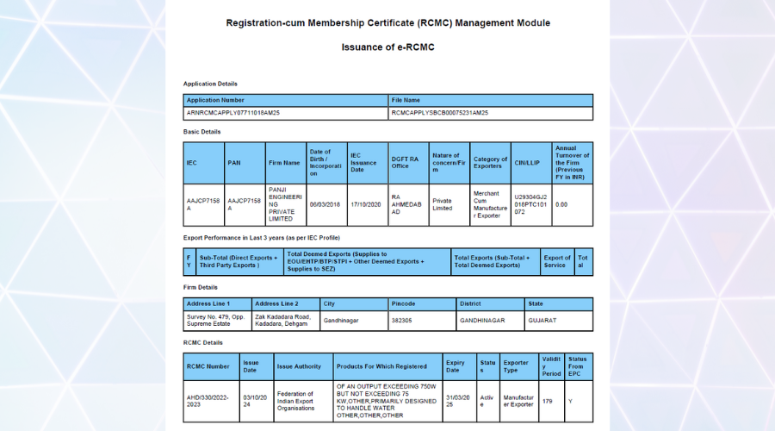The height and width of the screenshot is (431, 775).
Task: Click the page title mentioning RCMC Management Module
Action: point(387,22)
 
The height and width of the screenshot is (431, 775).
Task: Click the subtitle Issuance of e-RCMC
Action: point(387,47)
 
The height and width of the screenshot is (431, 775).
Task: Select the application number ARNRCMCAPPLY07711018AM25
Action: point(233,113)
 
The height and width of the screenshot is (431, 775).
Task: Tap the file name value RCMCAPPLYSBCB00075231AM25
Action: point(440,113)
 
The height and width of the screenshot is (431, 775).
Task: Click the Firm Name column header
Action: point(285,162)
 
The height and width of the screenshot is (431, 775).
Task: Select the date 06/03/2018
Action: point(325,204)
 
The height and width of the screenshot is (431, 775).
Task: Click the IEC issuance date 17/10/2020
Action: point(367,204)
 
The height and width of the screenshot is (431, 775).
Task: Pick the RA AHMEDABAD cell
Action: point(406,204)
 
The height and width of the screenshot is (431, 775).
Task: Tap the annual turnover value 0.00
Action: point(561,204)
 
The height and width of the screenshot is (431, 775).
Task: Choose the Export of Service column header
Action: point(557,261)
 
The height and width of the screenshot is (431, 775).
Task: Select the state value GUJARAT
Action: point(542,320)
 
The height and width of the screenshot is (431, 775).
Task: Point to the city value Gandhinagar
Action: point(341,320)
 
